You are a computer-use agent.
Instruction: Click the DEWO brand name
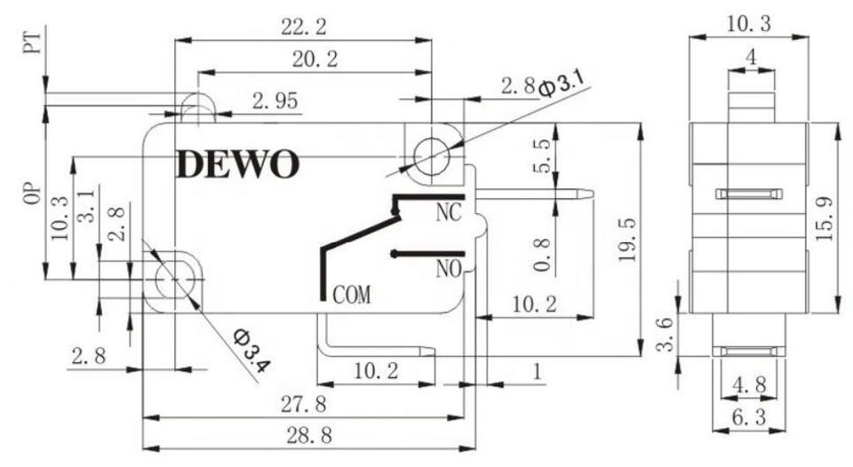point(238,164)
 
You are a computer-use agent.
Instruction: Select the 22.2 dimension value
point(304,26)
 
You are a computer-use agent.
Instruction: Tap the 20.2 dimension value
point(315,59)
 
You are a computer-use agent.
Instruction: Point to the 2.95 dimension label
point(275,100)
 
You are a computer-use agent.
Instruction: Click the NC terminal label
point(448,212)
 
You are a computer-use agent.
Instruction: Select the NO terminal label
point(449,268)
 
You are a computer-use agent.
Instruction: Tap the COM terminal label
point(352,295)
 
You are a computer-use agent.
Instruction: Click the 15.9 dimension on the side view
point(825,218)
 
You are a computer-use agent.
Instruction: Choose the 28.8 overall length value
point(310,435)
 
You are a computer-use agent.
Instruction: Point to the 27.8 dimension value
point(304,404)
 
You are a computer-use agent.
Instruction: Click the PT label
point(33,43)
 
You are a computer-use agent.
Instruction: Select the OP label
point(33,193)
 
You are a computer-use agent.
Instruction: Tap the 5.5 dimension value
point(541,156)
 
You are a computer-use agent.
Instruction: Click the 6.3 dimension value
point(748,417)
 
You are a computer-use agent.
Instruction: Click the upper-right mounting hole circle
point(432,156)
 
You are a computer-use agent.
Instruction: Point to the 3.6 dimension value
point(666,335)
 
